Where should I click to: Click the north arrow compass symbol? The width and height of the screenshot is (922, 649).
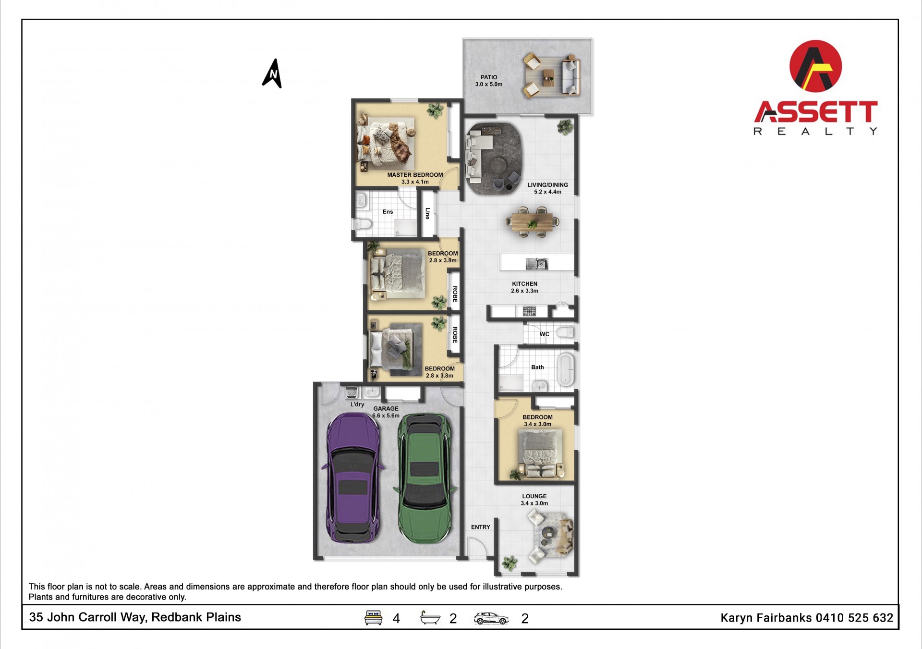pyautogui.click(x=272, y=74)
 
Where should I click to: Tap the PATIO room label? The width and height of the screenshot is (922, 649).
pyautogui.click(x=489, y=77)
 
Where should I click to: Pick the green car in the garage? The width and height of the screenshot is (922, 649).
pyautogui.click(x=425, y=478)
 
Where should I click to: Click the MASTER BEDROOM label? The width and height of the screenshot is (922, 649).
pyautogui.click(x=415, y=175)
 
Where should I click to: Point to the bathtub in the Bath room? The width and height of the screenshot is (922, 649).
pyautogui.click(x=566, y=369)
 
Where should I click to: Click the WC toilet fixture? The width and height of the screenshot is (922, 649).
pyautogui.click(x=566, y=332)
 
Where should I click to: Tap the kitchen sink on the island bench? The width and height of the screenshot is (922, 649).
pyautogui.click(x=537, y=264)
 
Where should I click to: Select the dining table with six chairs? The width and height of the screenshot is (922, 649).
pyautogui.click(x=532, y=222)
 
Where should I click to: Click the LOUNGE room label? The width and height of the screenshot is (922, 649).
pyautogui.click(x=534, y=496)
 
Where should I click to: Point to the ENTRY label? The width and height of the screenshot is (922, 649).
pyautogui.click(x=480, y=527)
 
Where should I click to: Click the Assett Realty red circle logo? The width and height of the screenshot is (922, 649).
pyautogui.click(x=815, y=66)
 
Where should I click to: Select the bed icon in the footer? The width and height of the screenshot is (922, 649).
pyautogui.click(x=374, y=618)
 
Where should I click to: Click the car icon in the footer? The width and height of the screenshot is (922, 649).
pyautogui.click(x=491, y=618)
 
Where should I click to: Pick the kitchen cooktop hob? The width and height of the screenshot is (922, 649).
pyautogui.click(x=529, y=312)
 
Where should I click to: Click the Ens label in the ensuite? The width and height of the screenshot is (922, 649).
pyautogui.click(x=388, y=212)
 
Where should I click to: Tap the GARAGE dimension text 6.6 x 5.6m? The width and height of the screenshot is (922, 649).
pyautogui.click(x=386, y=416)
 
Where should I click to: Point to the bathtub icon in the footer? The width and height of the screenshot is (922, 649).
pyautogui.click(x=430, y=618)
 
